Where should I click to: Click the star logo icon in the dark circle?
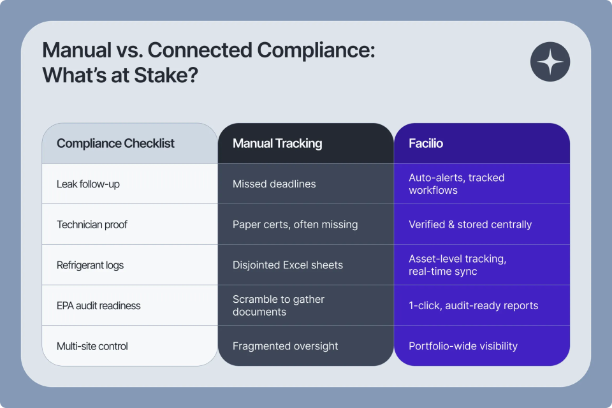(x=550, y=62)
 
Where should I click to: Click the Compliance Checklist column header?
(x=115, y=143)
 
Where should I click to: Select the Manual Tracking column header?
(x=277, y=143)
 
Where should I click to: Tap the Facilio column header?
(x=426, y=143)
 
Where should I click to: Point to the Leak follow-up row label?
(x=88, y=184)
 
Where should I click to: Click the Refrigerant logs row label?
(x=90, y=265)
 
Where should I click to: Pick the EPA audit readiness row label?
(x=98, y=305)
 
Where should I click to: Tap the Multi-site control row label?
(x=92, y=346)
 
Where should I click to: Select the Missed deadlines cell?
(x=274, y=184)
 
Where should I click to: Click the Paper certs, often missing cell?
(x=295, y=224)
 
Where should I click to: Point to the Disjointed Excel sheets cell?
(x=288, y=265)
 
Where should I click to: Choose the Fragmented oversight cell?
(x=285, y=346)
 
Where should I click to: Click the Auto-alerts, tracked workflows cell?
(x=456, y=184)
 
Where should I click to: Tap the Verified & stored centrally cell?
(x=470, y=224)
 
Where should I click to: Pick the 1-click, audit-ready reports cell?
(x=473, y=305)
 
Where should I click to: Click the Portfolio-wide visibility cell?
(x=463, y=346)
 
